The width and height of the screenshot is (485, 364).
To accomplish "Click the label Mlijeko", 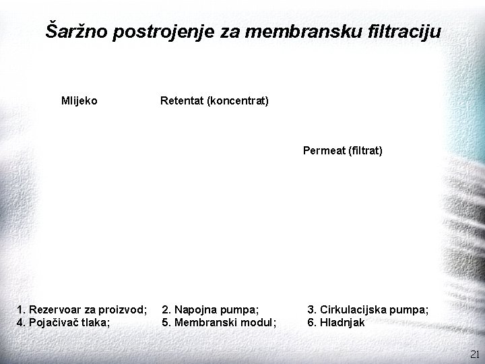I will click(79, 101).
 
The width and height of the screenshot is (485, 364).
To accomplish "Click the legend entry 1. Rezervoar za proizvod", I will click(82, 309).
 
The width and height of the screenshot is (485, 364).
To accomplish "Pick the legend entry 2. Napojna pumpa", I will click(210, 309).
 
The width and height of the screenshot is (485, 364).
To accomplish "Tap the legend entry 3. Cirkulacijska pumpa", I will click(368, 309).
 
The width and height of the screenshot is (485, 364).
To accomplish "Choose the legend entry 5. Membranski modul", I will click(219, 322).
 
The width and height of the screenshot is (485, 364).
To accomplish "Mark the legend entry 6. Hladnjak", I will click(336, 322).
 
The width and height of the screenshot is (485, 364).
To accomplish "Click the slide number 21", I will click(474, 354).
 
